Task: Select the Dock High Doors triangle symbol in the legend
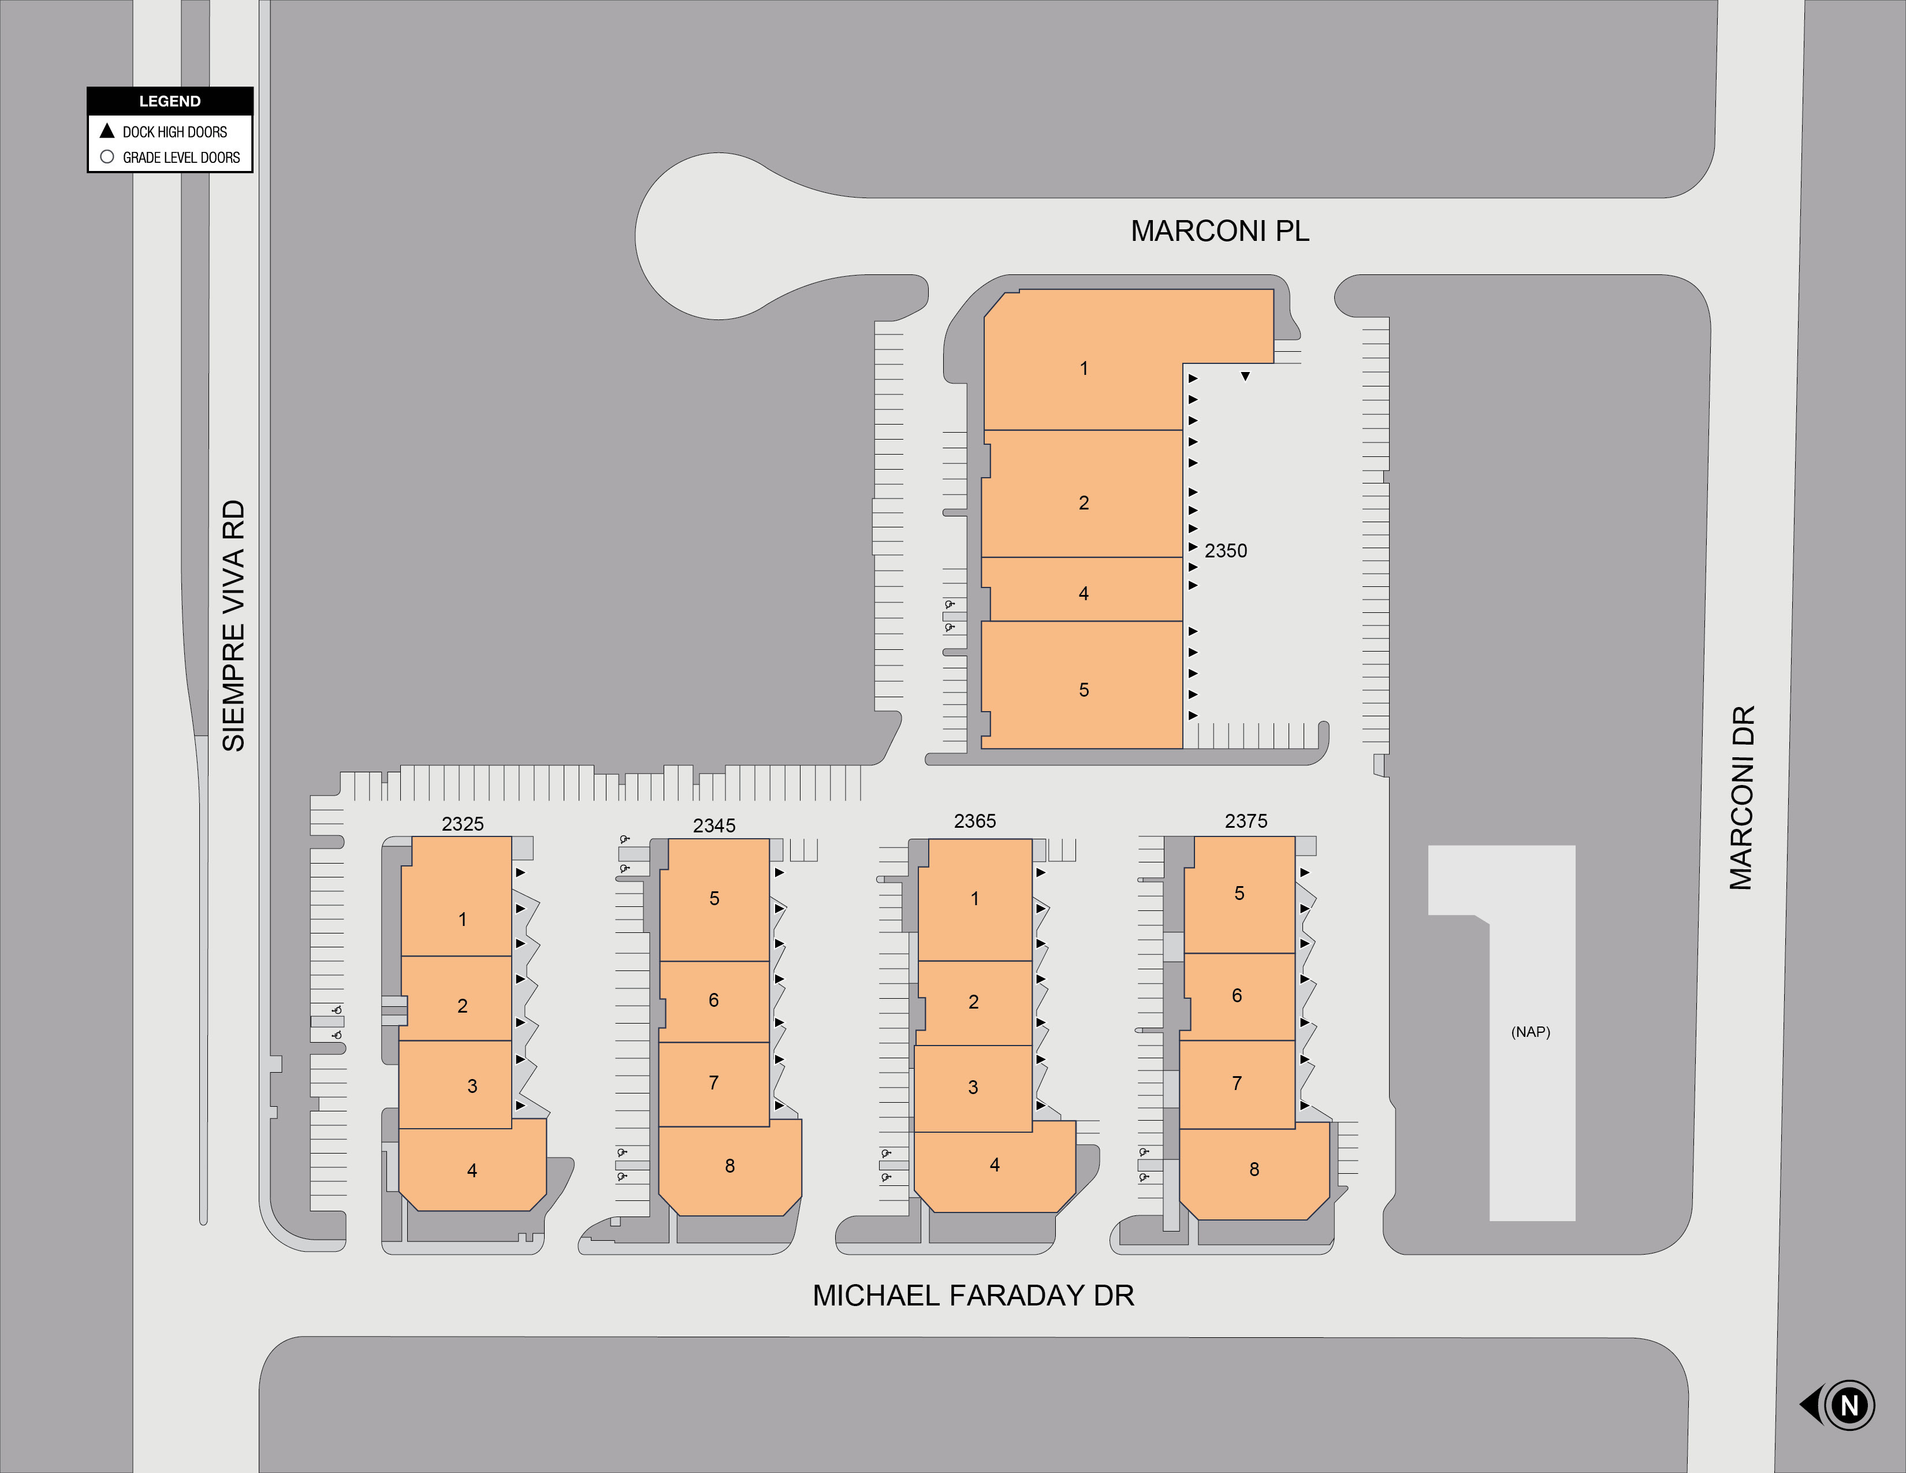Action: [107, 131]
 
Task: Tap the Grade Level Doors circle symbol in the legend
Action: [107, 157]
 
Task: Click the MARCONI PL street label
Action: [1219, 231]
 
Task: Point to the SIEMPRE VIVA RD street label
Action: [234, 626]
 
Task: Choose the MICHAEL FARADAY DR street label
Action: [973, 1296]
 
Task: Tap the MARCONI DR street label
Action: [1741, 798]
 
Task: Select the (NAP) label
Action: [1531, 1032]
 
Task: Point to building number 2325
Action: [463, 824]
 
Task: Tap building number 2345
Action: [714, 825]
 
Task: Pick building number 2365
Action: [975, 821]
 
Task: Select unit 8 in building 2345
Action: [729, 1166]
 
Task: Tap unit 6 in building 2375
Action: [1237, 996]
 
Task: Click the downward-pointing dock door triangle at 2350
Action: [1245, 376]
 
